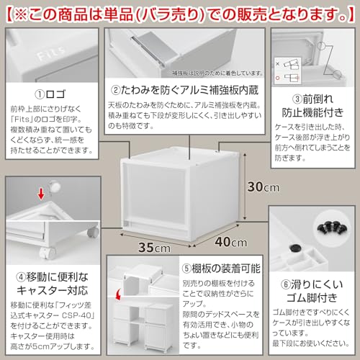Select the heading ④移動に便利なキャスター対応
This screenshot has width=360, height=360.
[x=50, y=282]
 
